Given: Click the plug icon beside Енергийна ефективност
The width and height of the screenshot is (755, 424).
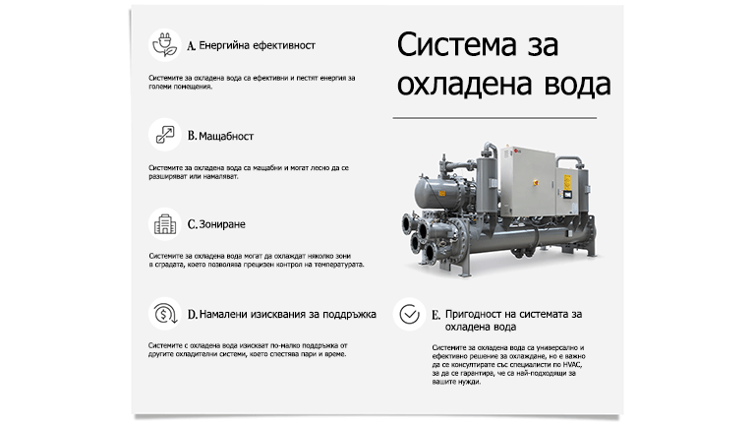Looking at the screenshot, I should click(x=163, y=45).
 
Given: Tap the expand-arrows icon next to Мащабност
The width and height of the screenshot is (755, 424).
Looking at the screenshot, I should click(x=163, y=135).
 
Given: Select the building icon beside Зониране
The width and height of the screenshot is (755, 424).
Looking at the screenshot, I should click(x=163, y=224).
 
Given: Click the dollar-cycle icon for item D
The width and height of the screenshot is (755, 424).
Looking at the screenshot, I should click(x=163, y=314).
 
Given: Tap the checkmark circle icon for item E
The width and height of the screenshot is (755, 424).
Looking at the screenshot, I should click(x=409, y=314).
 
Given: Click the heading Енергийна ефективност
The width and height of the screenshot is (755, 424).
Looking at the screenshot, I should click(x=257, y=45).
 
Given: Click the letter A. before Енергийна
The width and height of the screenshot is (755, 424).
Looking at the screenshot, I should click(x=192, y=45).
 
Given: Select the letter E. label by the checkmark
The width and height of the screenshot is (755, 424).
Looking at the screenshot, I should click(x=436, y=315).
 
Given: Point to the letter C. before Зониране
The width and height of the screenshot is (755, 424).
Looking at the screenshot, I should click(x=193, y=224).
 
